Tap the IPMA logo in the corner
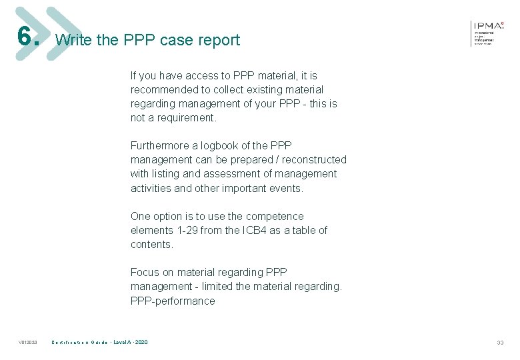489,31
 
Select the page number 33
500,343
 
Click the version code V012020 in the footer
27,343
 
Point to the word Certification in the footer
69,343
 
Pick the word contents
151,244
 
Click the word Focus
145,272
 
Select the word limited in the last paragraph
216,286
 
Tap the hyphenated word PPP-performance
173,301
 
